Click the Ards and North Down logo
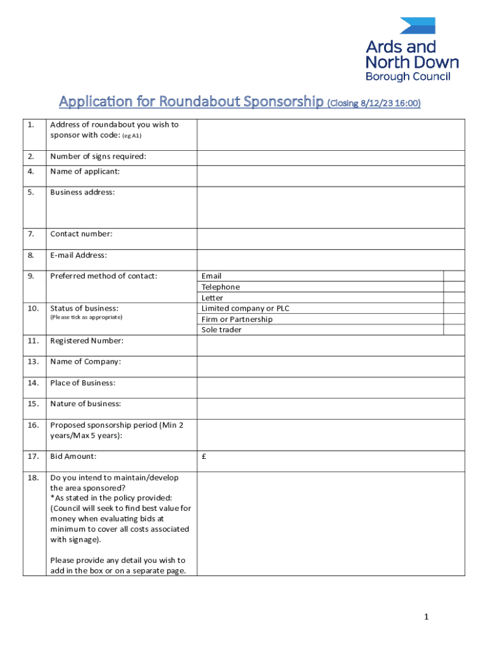(x=412, y=50)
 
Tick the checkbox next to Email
(x=453, y=276)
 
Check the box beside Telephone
(x=453, y=286)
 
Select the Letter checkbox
(x=453, y=297)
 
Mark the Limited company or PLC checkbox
(x=453, y=308)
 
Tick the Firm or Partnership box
(x=453, y=319)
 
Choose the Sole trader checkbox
(x=453, y=330)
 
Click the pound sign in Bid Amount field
(x=204, y=456)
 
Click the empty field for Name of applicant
(x=330, y=176)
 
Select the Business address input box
(x=330, y=207)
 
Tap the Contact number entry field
(x=330, y=239)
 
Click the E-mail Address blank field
(x=330, y=260)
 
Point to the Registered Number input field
(x=330, y=345)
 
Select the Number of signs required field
(x=330, y=158)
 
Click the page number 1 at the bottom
(x=427, y=617)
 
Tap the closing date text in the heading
(x=374, y=103)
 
